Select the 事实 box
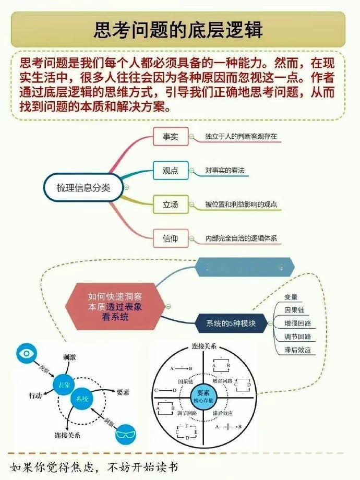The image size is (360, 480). pos(170,137)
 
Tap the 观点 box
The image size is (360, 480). pos(170,171)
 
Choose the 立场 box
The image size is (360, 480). pos(170,205)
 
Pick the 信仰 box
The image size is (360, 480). pos(170,238)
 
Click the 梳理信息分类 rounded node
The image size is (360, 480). pos(83,187)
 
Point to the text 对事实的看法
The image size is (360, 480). pos(225,171)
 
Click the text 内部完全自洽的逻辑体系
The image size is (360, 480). pos(241,239)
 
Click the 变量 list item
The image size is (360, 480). pos(291,297)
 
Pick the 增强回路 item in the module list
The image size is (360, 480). pos(297,324)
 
